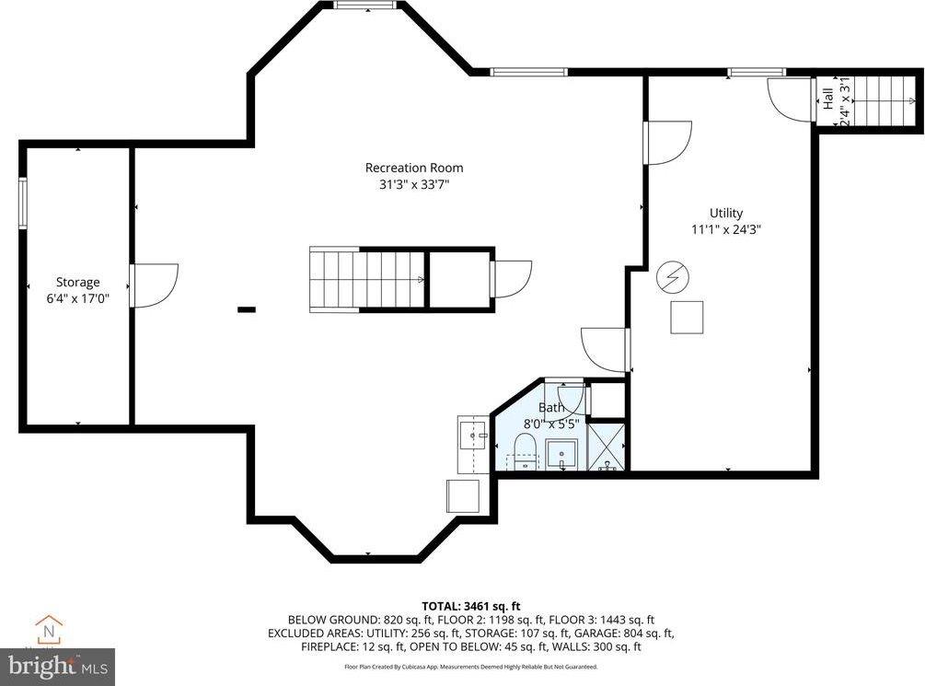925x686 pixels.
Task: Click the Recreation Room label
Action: pos(414,168)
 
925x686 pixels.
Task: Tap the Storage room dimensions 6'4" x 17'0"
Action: pos(77,298)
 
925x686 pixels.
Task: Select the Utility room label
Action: pos(725,213)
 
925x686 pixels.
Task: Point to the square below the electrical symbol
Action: pos(686,317)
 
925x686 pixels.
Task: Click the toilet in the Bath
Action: pos(525,452)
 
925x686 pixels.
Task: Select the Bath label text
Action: pos(551,408)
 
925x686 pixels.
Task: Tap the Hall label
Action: pos(827,99)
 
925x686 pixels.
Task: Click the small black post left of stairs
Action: pos(246,310)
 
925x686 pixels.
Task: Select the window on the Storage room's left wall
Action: pos(23,202)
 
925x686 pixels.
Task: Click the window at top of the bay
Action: pos(364,6)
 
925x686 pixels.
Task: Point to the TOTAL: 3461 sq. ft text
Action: pos(471,606)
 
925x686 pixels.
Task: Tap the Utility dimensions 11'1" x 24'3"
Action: pos(725,229)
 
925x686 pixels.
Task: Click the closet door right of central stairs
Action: pos(511,279)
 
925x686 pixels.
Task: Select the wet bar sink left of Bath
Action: pos(473,433)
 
